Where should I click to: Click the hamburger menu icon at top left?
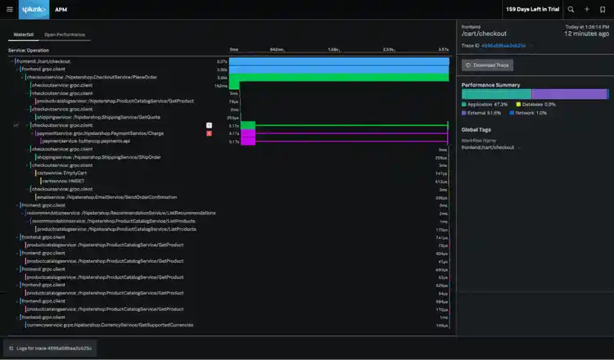pos(12,9)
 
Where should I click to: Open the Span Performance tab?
pos(65,35)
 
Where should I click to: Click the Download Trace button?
pos(488,65)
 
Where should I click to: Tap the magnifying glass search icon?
pos(571,9)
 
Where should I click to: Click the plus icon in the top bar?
pos(586,9)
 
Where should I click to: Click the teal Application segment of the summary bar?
pos(496,94)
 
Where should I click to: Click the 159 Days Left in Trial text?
pos(533,9)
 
